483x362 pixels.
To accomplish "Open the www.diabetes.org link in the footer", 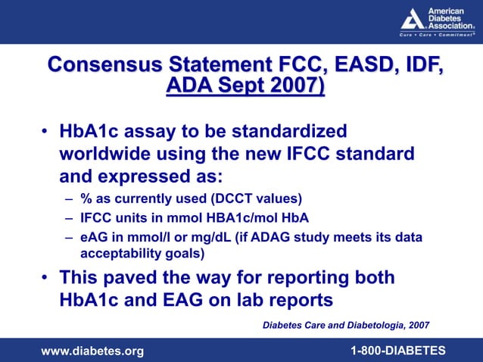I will [x=92, y=350].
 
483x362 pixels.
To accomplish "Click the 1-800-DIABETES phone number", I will [x=397, y=350].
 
